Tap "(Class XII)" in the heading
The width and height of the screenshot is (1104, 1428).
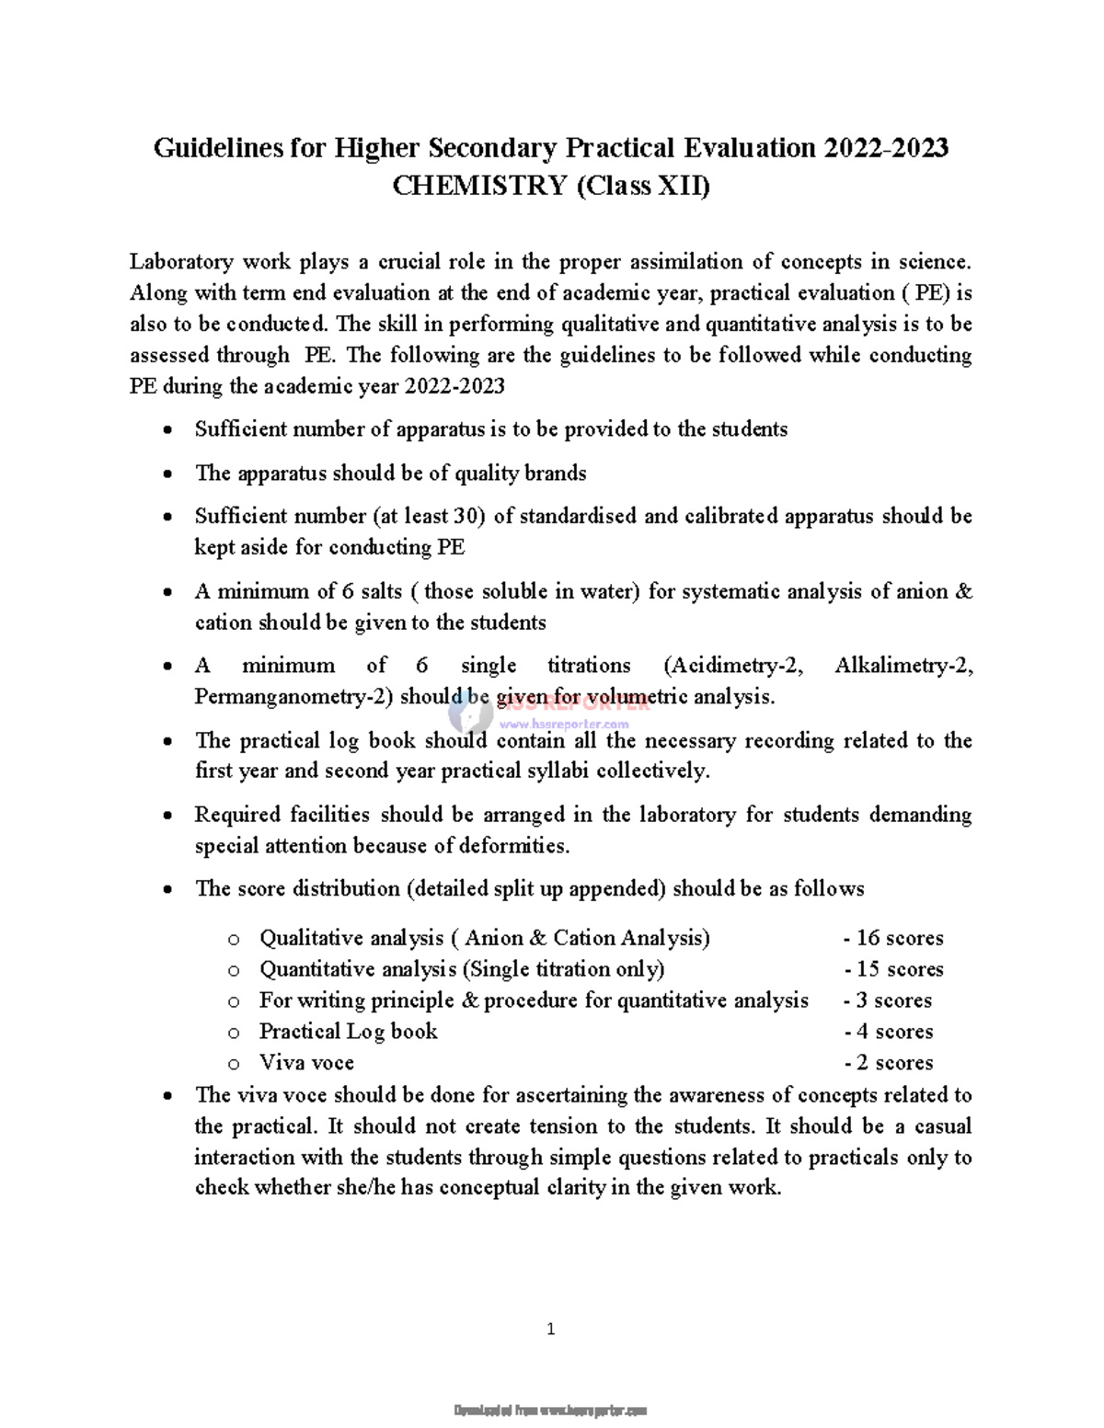pos(643,186)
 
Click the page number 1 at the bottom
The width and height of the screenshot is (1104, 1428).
pos(551,1329)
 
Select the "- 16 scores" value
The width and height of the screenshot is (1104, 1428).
pos(893,938)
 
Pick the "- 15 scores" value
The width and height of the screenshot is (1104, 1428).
pos(893,969)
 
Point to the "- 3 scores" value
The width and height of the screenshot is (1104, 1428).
pos(888,1000)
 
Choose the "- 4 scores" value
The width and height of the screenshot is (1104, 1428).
pos(888,1032)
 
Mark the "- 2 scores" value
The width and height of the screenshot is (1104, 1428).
pos(888,1063)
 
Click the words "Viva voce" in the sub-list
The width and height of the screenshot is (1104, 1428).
pos(306,1063)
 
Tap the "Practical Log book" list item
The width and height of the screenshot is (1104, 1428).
pos(348,1032)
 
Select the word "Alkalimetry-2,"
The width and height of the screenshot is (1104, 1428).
pos(903,666)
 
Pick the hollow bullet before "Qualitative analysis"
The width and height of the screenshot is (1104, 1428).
pos(234,940)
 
